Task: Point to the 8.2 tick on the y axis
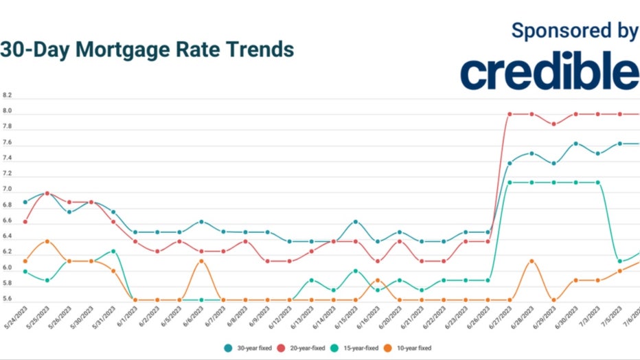(x=7, y=95)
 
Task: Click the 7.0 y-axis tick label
(x=7, y=189)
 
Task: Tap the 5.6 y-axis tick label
(x=7, y=299)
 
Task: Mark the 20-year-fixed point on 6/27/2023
(x=510, y=114)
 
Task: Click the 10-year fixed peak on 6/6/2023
(x=201, y=261)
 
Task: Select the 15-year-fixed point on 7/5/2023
(x=619, y=261)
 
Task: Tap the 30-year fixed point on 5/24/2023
(x=25, y=202)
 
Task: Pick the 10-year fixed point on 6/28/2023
(x=532, y=261)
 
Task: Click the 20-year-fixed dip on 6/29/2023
(x=553, y=124)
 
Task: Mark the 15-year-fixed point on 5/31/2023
(x=113, y=251)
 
